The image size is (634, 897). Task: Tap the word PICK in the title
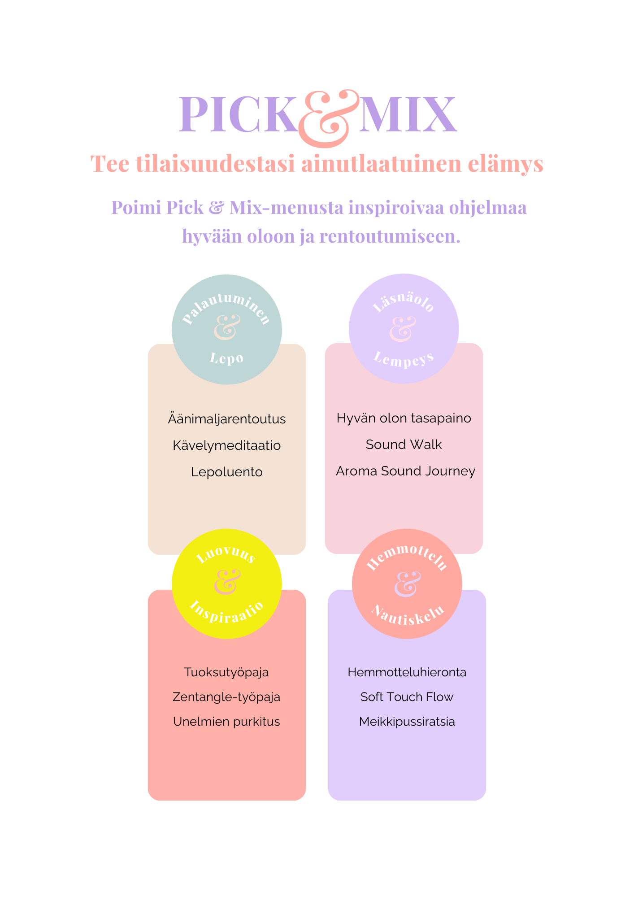[x=238, y=115]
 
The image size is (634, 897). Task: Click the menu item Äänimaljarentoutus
[x=227, y=419]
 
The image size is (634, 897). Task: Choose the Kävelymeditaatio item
[x=227, y=445]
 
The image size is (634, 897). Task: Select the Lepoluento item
[x=227, y=472]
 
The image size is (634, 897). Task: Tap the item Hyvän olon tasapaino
[x=404, y=418]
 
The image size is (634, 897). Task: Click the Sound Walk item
[x=404, y=444]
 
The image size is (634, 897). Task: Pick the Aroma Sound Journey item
[x=405, y=471]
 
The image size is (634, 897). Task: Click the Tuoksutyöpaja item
[x=226, y=672]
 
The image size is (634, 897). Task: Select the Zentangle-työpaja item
[x=226, y=697]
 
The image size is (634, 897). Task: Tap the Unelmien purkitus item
[x=226, y=722]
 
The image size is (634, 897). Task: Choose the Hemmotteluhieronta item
[x=407, y=672]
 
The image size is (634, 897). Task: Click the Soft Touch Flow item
[x=407, y=697]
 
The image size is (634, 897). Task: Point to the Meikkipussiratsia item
[x=407, y=722]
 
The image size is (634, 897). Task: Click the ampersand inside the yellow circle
[x=227, y=582]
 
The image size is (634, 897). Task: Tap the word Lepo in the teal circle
[x=227, y=358]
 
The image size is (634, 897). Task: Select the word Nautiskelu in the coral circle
[x=408, y=616]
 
